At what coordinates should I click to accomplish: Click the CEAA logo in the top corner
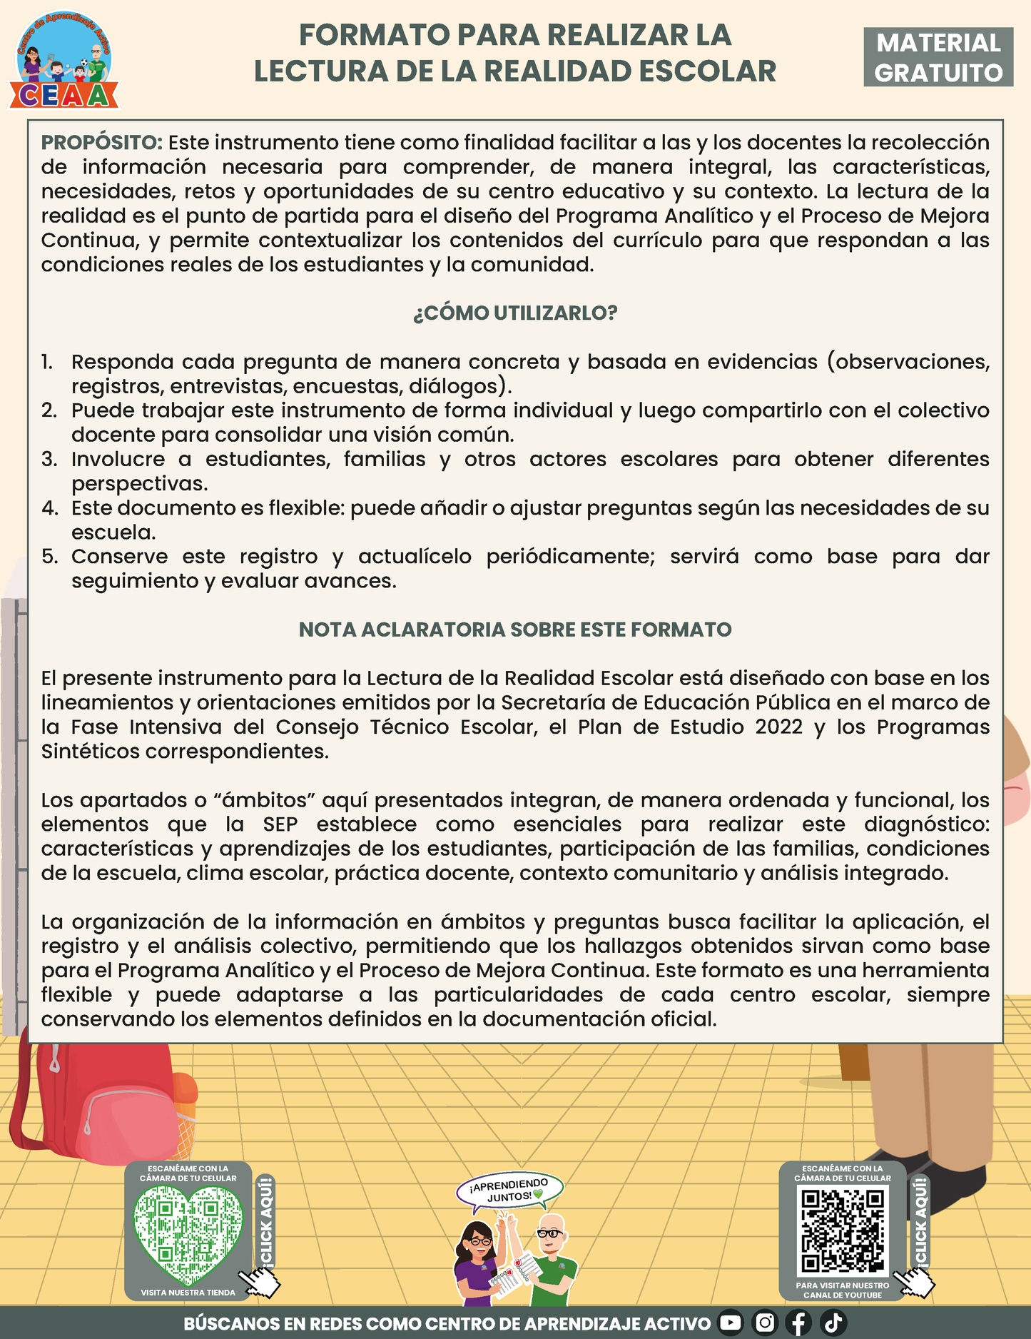coord(64,61)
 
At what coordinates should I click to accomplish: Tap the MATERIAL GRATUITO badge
coord(938,58)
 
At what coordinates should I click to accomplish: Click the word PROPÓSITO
coord(102,143)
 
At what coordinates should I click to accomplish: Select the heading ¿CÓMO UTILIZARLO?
coord(515,313)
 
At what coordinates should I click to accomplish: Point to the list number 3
coord(49,460)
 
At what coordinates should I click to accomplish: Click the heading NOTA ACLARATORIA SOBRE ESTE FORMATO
coord(515,630)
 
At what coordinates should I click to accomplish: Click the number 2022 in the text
coord(779,727)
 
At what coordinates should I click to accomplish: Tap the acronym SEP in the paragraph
coord(280,824)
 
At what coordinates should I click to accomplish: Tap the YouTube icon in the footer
coord(730,1323)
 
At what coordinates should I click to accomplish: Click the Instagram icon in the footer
coord(765,1323)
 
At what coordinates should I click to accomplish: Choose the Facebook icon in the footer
coord(799,1323)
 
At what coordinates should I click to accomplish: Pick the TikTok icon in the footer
coord(833,1323)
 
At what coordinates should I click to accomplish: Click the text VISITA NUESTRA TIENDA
coord(188,1293)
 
